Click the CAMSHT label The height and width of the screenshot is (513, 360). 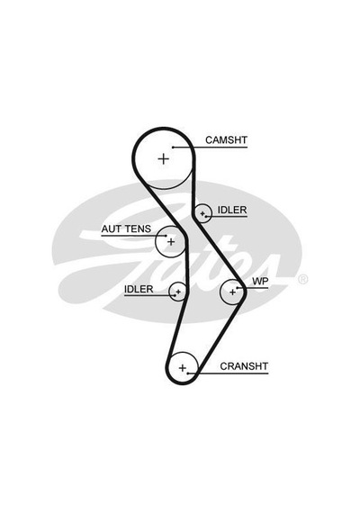(x=226, y=140)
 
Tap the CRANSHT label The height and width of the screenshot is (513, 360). (x=244, y=366)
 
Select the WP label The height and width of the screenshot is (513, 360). (x=260, y=282)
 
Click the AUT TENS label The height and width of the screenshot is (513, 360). (x=126, y=229)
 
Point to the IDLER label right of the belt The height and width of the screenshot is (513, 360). (x=232, y=210)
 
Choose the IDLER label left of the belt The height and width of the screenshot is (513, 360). (x=139, y=289)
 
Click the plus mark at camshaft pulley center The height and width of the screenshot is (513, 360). (x=163, y=159)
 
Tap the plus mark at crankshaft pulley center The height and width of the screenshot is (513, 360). (x=183, y=368)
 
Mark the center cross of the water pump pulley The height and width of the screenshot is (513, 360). (x=232, y=292)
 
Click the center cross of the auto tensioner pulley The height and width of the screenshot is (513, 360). (x=171, y=242)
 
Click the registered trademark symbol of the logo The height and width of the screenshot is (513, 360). (x=303, y=279)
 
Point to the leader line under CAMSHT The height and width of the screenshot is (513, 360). (x=210, y=148)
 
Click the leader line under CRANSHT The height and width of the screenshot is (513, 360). (x=228, y=373)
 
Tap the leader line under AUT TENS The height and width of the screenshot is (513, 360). (x=134, y=236)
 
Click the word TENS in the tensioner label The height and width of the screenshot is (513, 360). (x=138, y=229)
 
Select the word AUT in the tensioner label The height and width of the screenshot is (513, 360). (x=112, y=229)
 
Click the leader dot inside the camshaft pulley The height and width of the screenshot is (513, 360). (x=173, y=148)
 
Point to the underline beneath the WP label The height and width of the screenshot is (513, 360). (x=253, y=288)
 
